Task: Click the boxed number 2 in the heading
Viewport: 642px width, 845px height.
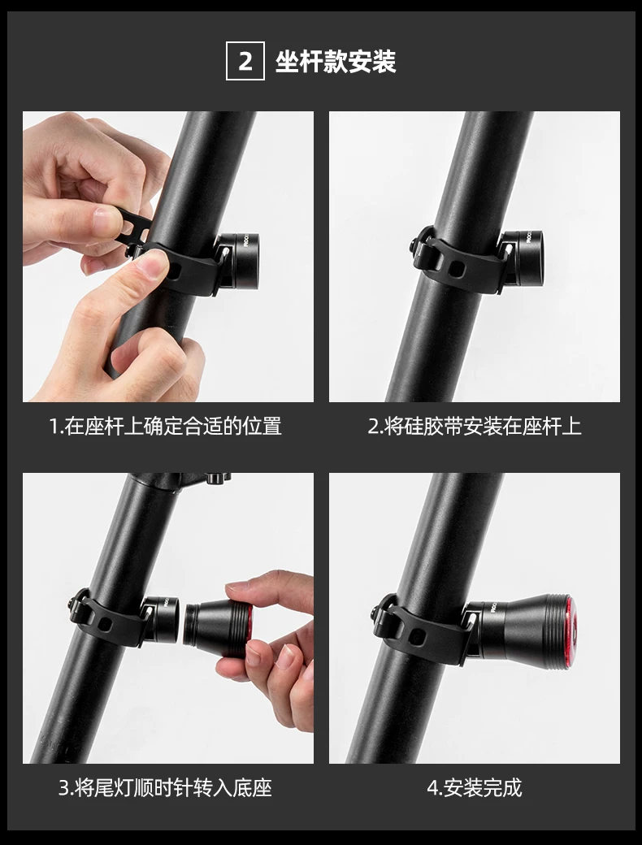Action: tap(245, 61)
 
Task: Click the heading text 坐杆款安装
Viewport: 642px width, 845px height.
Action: tap(336, 62)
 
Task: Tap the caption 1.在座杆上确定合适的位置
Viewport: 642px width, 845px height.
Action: tap(166, 427)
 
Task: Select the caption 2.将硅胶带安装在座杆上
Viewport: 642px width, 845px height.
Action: tap(475, 427)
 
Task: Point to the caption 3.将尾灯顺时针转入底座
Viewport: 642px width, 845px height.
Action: tap(165, 788)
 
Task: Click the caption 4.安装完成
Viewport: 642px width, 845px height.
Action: tap(475, 788)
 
